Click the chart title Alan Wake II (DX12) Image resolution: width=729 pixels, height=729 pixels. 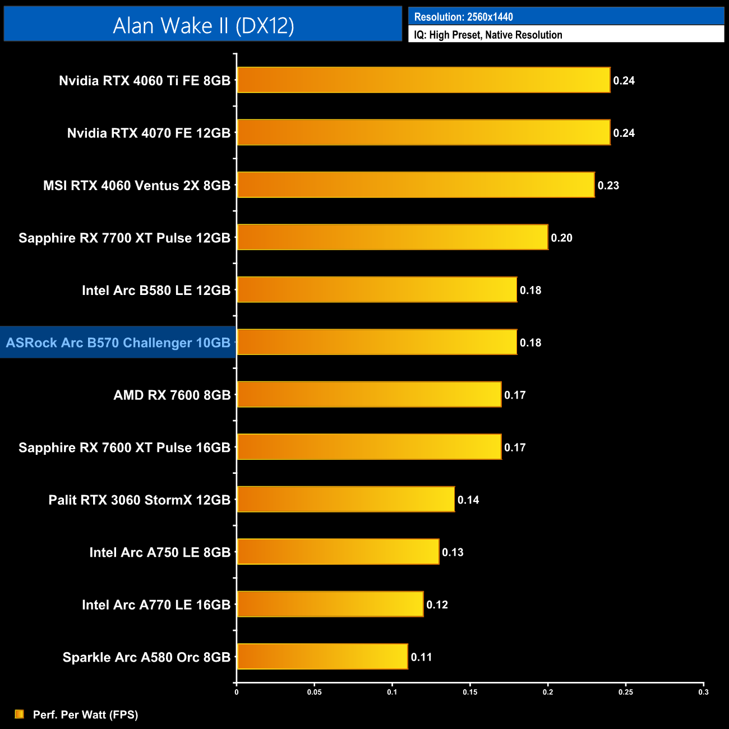203,26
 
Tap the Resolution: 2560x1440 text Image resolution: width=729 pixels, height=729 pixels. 463,17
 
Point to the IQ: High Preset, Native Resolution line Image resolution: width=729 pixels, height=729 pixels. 488,35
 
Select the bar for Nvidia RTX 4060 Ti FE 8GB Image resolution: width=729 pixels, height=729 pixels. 423,80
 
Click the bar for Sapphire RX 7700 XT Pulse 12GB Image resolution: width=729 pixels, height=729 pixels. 393,237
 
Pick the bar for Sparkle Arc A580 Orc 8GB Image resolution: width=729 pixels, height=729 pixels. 322,657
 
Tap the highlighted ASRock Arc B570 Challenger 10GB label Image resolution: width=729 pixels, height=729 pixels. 118,343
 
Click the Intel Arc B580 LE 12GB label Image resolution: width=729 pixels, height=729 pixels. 156,290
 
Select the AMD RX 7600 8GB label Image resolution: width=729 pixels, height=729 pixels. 172,395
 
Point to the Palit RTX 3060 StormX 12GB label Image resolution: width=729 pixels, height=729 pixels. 140,500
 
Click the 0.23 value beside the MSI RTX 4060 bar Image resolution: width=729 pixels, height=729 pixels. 608,186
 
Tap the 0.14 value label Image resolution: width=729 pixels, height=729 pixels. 468,500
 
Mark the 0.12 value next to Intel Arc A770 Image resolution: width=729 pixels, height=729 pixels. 437,605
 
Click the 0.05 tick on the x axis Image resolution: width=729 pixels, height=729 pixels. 314,692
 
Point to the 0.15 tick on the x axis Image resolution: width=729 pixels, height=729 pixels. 470,692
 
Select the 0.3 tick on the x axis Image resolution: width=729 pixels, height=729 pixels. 703,692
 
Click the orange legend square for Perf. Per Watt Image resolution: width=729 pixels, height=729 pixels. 20,714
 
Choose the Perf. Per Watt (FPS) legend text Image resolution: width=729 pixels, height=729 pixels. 85,714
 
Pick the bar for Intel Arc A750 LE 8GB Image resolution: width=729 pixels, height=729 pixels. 338,552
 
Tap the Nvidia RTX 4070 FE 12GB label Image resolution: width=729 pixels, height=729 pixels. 149,133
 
